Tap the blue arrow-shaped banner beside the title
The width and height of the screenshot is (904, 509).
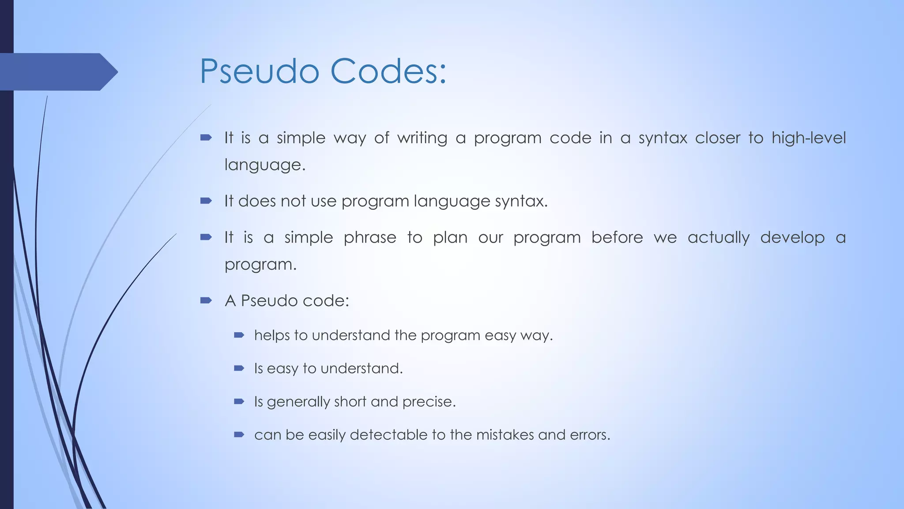click(x=57, y=72)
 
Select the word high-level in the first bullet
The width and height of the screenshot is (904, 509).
click(x=808, y=138)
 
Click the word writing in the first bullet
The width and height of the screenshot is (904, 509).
click(x=422, y=138)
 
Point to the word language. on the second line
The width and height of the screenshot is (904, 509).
click(x=265, y=165)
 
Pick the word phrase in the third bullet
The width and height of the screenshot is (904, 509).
click(x=370, y=238)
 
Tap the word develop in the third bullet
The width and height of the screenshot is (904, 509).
click(x=792, y=238)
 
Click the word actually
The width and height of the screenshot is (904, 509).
click(x=718, y=238)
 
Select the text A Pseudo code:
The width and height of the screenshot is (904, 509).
click(x=287, y=301)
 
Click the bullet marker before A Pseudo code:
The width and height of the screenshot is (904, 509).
click(x=206, y=300)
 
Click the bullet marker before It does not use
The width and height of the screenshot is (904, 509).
click(x=206, y=201)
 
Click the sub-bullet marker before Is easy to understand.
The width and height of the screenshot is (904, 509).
click(x=239, y=368)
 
